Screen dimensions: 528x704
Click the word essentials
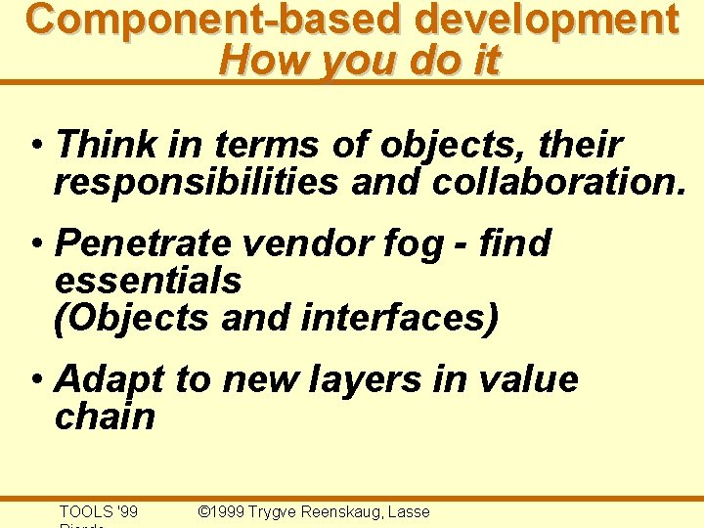tap(148, 281)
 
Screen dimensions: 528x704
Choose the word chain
tap(105, 417)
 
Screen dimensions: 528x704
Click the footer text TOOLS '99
tap(99, 511)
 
